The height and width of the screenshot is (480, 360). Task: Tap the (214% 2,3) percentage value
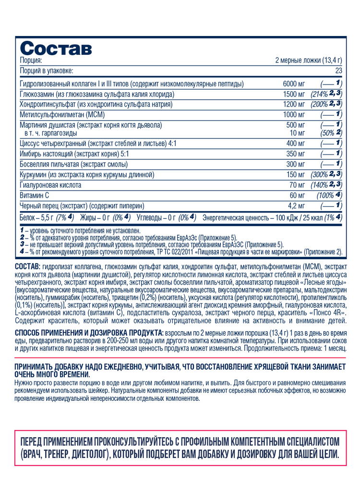(x=326, y=94)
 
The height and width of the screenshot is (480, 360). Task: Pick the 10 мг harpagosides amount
(x=298, y=132)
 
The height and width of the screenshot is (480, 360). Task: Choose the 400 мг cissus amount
(x=296, y=143)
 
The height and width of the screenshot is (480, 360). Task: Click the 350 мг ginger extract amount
(x=296, y=154)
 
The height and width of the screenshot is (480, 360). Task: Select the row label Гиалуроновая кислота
(x=50, y=184)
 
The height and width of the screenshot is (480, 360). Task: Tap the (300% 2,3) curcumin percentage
(x=326, y=174)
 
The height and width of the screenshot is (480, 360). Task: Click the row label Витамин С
(x=35, y=195)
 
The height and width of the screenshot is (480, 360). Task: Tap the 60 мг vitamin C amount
(x=298, y=195)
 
